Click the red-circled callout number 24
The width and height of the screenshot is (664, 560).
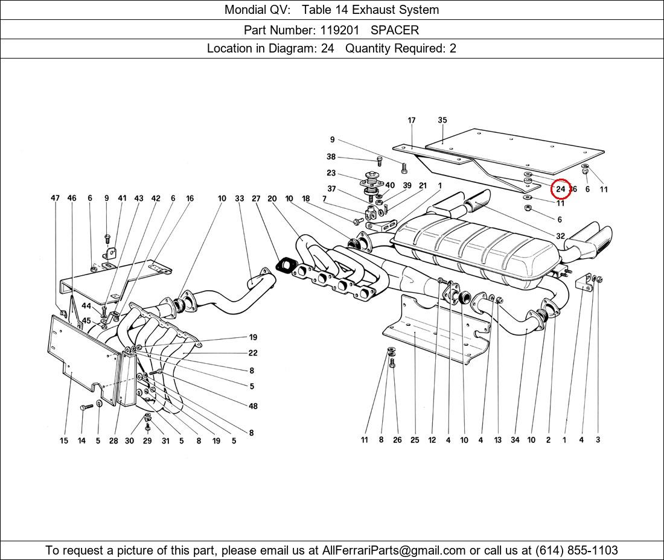click(x=561, y=189)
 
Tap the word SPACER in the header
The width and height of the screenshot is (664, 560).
click(x=395, y=30)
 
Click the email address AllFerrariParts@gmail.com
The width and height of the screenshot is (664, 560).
click(x=394, y=550)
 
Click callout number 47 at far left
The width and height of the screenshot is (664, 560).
click(x=55, y=198)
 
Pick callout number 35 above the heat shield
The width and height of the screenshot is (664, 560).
click(x=442, y=120)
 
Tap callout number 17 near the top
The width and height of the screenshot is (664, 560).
click(x=411, y=120)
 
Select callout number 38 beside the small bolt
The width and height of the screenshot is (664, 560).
click(x=331, y=157)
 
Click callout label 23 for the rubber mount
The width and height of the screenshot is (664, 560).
click(x=331, y=173)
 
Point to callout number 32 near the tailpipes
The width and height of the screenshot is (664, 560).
click(x=560, y=236)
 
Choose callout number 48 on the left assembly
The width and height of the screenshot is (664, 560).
click(x=253, y=406)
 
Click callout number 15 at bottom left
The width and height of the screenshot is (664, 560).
click(x=63, y=441)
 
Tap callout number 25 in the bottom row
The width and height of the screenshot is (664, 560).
click(x=415, y=440)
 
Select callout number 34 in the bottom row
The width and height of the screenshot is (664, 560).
click(x=515, y=440)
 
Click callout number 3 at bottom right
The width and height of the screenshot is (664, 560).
click(x=598, y=440)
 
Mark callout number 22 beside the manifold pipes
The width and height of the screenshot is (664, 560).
click(x=253, y=353)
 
